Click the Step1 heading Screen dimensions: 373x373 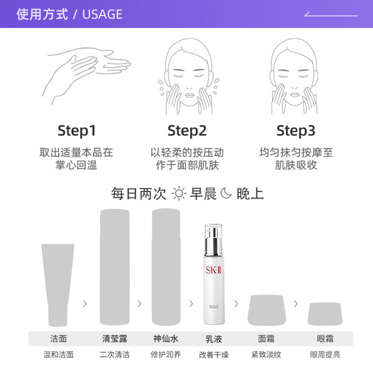tap(77, 131)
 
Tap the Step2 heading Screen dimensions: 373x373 tap(186, 131)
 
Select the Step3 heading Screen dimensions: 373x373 tap(296, 131)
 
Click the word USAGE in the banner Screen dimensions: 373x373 tap(102, 14)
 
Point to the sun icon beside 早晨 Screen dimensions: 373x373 tap(179, 193)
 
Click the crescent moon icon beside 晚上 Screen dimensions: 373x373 tap(226, 193)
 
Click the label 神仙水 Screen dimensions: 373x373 tap(166, 338)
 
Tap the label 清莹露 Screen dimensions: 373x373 tap(115, 338)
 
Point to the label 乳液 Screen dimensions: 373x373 tap(214, 338)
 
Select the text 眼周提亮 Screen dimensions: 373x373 tap(325, 354)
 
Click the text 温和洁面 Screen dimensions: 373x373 tap(58, 354)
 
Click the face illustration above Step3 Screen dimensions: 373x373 tap(295, 77)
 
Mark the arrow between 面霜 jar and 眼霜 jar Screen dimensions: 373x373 tap(296, 304)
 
